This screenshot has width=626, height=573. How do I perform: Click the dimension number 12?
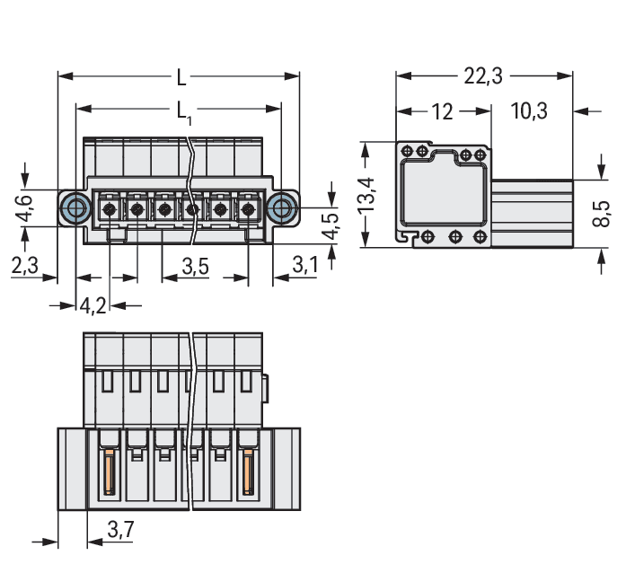pyautogui.click(x=442, y=111)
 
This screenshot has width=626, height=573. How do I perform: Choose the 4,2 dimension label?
pyautogui.click(x=93, y=305)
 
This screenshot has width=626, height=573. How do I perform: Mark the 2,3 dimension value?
pyautogui.click(x=24, y=266)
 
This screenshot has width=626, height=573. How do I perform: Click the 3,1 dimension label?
pyautogui.click(x=305, y=266)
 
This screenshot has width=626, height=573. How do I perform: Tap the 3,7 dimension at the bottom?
pyautogui.click(x=119, y=531)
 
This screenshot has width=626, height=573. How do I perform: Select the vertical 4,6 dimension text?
pyautogui.click(x=24, y=208)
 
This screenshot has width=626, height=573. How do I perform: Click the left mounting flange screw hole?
pyautogui.click(x=75, y=209)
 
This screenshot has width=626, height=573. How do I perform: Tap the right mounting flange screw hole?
pyautogui.click(x=283, y=209)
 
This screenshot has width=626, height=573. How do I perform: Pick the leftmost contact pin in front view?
pyautogui.click(x=109, y=210)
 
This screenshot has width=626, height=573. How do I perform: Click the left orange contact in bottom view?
pyautogui.click(x=110, y=473)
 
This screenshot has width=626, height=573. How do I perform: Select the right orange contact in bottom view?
pyautogui.click(x=248, y=473)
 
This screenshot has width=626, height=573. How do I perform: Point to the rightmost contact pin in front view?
pyautogui.click(x=249, y=210)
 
